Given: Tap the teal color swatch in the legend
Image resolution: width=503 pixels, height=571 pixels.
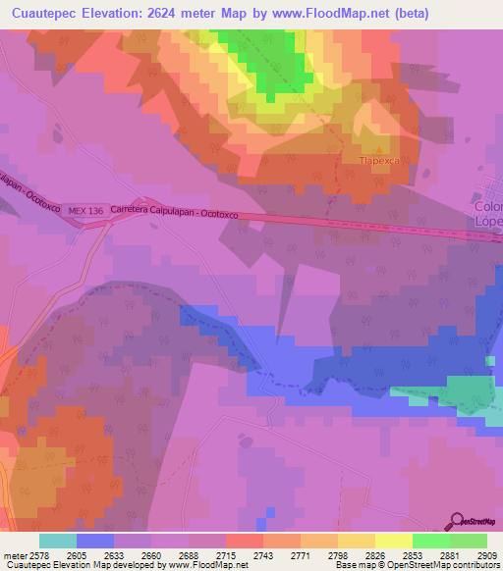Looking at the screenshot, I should tap(57, 541).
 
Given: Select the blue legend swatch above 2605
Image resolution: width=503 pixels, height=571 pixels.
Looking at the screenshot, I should tap(94, 541).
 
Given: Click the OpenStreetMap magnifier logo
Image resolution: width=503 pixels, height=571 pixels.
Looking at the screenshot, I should tap(457, 520).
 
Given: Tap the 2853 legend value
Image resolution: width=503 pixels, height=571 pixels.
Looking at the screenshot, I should tap(413, 554).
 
